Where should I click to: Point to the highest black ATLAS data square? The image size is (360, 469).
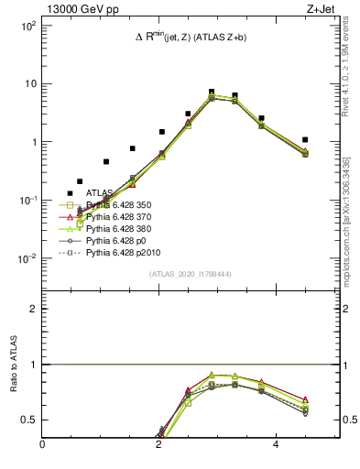pos(212,93)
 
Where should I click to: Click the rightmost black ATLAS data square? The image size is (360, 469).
pos(305,140)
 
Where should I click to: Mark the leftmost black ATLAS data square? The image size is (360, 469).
pos(70,193)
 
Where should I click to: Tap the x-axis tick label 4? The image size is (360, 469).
pos(276,444)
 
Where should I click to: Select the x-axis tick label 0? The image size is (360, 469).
pos(43,444)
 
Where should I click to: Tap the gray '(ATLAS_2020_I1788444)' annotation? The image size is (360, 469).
pos(191,274)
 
